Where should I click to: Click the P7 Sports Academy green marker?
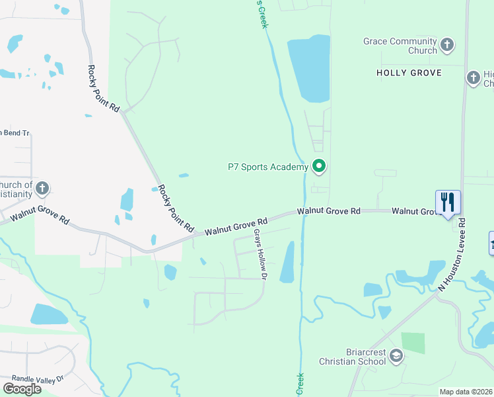(319, 166)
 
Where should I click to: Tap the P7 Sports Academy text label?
(267, 167)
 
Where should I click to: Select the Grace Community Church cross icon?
(447, 45)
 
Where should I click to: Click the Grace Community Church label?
(400, 46)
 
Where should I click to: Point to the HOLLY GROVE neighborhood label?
(408, 73)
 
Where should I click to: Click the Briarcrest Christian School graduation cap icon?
(396, 357)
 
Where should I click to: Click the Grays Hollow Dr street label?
(259, 255)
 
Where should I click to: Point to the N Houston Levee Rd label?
(452, 255)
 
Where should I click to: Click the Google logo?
(22, 389)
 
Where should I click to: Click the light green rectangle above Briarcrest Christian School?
(413, 343)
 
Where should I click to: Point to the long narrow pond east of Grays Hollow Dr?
(287, 262)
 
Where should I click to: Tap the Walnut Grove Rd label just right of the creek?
(328, 211)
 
